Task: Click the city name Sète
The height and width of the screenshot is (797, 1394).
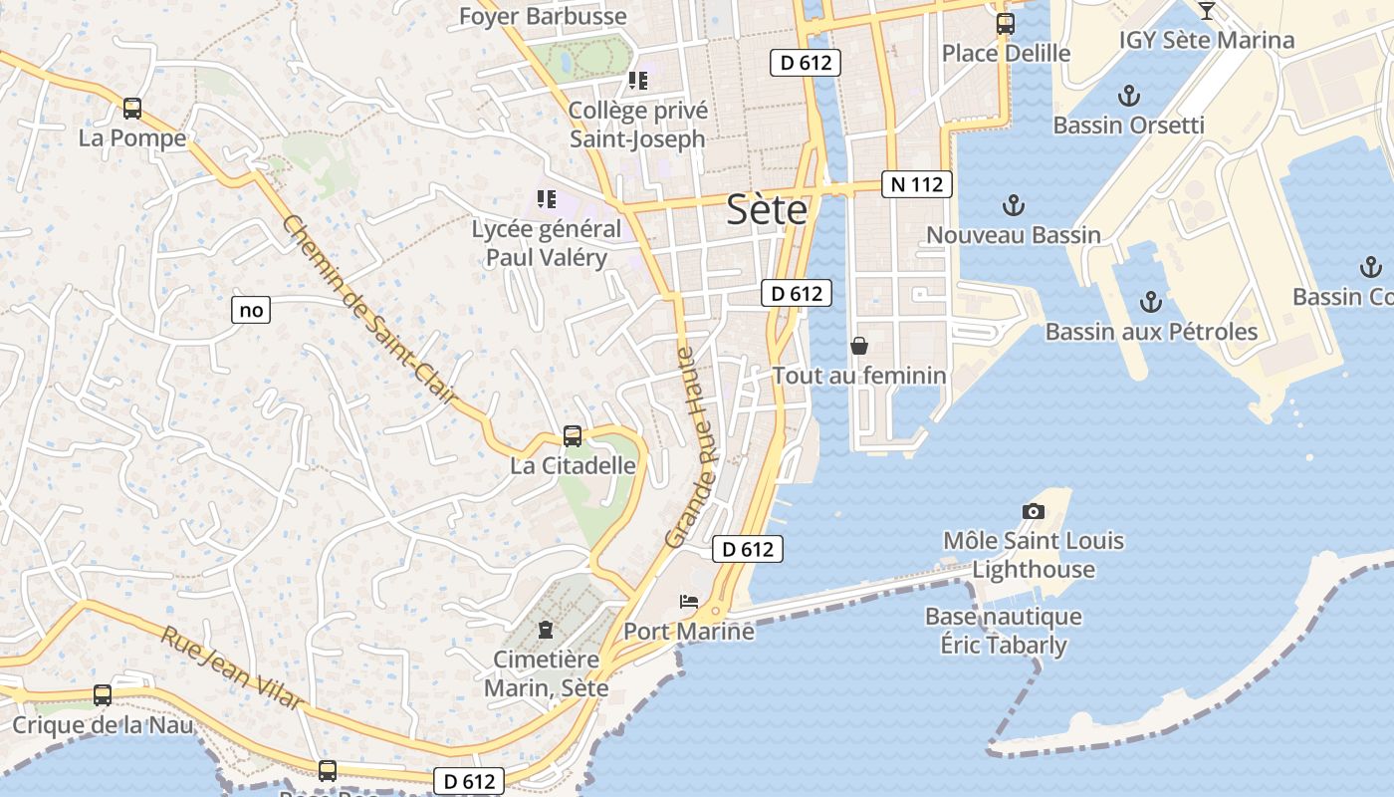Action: [767, 209]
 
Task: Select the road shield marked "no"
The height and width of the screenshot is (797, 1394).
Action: [252, 310]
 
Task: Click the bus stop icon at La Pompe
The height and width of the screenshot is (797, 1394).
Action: [132, 109]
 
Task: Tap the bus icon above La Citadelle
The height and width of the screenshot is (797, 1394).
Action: [573, 435]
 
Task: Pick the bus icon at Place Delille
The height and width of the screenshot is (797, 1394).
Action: [1006, 24]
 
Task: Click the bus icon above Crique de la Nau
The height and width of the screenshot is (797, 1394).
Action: [103, 695]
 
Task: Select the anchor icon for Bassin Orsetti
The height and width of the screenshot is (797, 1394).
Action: [1128, 96]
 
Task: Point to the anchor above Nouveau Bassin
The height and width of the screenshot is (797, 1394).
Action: [1013, 205]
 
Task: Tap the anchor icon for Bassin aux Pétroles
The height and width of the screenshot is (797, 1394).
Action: [1151, 301]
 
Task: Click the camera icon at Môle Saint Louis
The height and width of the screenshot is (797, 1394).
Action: [1034, 511]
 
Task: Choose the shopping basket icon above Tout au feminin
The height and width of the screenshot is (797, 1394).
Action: [859, 346]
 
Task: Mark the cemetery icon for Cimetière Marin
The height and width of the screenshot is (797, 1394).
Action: [546, 630]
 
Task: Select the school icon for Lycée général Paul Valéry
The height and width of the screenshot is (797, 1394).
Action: [546, 199]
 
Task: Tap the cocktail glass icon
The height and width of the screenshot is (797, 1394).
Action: [1207, 11]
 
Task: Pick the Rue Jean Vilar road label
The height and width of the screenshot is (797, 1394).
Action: [233, 667]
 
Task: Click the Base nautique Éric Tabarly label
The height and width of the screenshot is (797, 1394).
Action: [1004, 631]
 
